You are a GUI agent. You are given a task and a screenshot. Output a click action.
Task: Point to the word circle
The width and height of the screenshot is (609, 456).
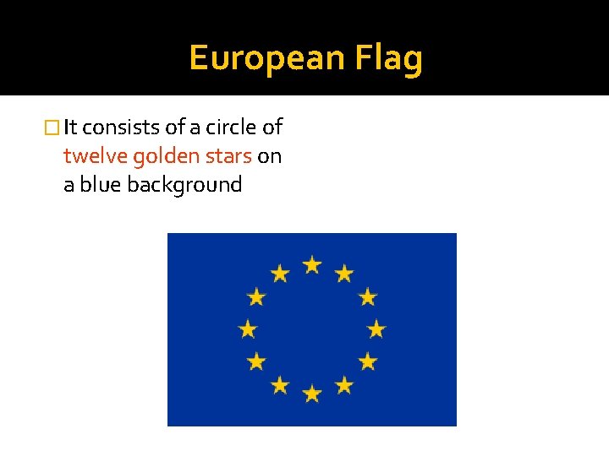pyautogui.click(x=229, y=128)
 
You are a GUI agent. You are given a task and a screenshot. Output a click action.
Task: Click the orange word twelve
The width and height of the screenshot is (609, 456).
pyautogui.click(x=96, y=156)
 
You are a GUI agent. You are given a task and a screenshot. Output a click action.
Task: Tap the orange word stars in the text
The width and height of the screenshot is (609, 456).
pyautogui.click(x=228, y=156)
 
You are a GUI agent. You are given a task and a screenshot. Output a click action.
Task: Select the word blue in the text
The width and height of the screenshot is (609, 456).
pyautogui.click(x=101, y=184)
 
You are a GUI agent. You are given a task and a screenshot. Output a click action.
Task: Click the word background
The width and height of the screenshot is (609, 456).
pyautogui.click(x=184, y=185)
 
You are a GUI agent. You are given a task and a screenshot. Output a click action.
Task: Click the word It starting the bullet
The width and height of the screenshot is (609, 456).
pyautogui.click(x=71, y=128)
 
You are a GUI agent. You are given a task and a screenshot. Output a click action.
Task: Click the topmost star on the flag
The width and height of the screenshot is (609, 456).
pyautogui.click(x=312, y=265)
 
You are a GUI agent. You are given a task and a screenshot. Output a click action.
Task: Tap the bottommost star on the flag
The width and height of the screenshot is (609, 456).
pyautogui.click(x=312, y=393)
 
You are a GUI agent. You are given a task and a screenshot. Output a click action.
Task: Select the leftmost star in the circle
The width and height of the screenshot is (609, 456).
pyautogui.click(x=248, y=328)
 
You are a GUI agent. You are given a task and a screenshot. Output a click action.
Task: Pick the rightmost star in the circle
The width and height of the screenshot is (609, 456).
pyautogui.click(x=376, y=328)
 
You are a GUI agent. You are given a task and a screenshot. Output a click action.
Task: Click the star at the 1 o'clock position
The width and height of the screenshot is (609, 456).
pyautogui.click(x=343, y=274)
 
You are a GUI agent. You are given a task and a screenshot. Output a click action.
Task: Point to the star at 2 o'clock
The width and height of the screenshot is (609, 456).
pyautogui.click(x=367, y=296)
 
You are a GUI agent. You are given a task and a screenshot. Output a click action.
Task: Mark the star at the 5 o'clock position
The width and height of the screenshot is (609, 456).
pyautogui.click(x=343, y=385)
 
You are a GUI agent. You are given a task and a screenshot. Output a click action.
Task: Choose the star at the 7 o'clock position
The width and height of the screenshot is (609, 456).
pyautogui.click(x=280, y=385)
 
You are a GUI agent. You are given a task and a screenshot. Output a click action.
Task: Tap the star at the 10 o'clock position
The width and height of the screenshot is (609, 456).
pyautogui.click(x=256, y=296)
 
